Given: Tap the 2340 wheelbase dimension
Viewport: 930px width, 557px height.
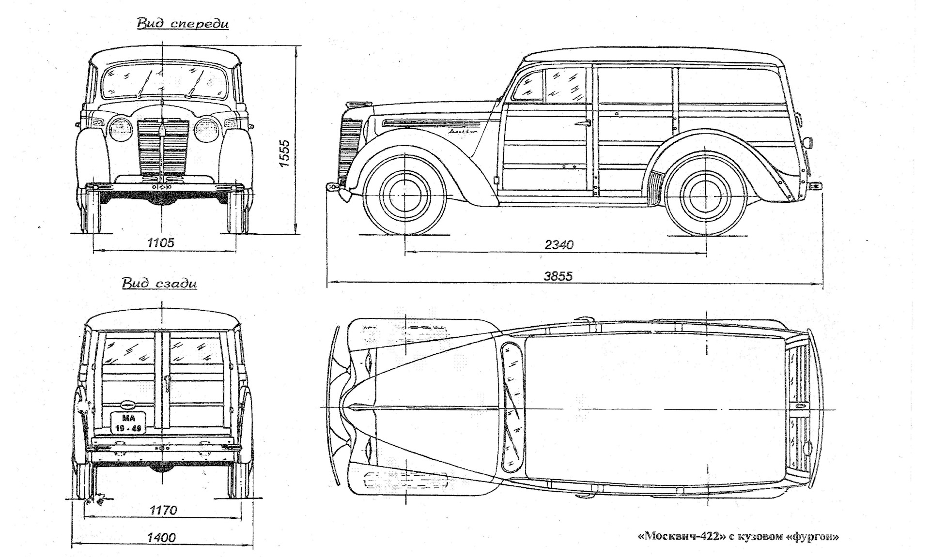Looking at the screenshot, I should (558, 244).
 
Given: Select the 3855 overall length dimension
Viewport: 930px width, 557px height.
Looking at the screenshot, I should (558, 276).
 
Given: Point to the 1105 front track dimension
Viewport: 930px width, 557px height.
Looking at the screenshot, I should (161, 243).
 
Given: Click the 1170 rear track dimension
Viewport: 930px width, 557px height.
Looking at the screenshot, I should (163, 510).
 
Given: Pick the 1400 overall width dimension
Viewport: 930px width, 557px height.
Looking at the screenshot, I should (162, 537).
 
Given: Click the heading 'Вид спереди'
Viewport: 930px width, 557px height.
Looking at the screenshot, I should (183, 24).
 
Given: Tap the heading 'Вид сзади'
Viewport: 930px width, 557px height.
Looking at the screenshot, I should (159, 283).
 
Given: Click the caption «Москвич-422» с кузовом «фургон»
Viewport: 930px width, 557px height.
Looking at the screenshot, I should (738, 536).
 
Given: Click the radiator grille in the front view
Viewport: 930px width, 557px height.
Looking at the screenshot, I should (163, 147).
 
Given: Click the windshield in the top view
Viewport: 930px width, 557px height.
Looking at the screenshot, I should (512, 407).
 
